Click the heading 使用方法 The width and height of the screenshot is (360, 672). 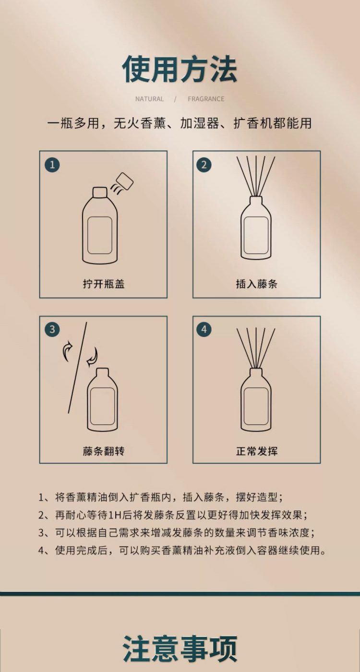180,70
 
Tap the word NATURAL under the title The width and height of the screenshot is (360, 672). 149,99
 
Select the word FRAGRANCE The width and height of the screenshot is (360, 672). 206,99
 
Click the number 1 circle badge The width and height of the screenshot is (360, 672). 52,165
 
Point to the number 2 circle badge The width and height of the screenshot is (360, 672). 204,165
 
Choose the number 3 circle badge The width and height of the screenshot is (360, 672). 52,329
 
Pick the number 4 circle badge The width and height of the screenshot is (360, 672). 204,329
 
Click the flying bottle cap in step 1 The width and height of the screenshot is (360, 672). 124,181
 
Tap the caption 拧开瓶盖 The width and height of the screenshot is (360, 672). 104,284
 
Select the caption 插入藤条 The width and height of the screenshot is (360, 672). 256,284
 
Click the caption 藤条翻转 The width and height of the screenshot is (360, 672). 104,451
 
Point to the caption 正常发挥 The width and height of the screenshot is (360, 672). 256,451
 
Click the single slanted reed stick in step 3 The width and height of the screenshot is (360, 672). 77,368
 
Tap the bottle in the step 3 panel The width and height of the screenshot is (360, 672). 103,399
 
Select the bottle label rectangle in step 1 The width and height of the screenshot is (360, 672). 100,235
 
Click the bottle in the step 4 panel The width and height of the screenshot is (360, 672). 256,399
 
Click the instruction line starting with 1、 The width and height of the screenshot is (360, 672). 160,497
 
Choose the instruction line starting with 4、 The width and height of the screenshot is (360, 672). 182,550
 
